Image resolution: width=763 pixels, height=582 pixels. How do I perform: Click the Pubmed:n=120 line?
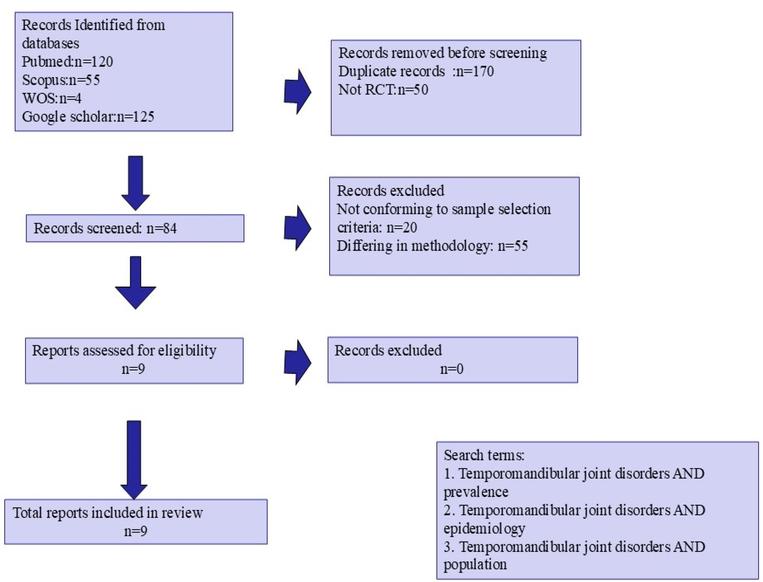tap(67, 62)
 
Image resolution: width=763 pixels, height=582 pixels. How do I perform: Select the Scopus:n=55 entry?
tap(61, 80)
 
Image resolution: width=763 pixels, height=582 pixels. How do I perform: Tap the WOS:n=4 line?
tap(52, 98)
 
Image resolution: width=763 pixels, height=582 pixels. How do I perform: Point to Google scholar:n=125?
tap(88, 117)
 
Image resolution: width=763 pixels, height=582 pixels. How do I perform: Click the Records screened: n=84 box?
tap(135, 228)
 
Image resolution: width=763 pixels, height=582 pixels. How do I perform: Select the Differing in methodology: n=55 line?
tap(432, 246)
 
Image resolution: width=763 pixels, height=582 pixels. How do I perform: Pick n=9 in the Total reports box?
tap(135, 531)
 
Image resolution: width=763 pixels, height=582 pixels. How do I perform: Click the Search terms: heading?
tap(484, 455)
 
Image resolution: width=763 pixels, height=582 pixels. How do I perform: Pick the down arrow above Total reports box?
tap(134, 460)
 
